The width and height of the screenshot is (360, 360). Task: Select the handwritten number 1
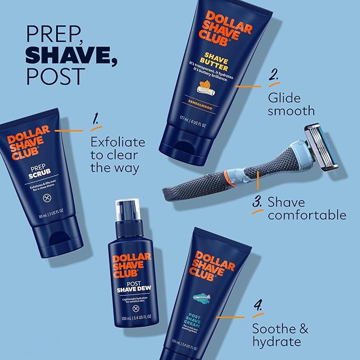(95, 121)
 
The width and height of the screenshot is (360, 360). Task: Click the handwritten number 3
(257, 203)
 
